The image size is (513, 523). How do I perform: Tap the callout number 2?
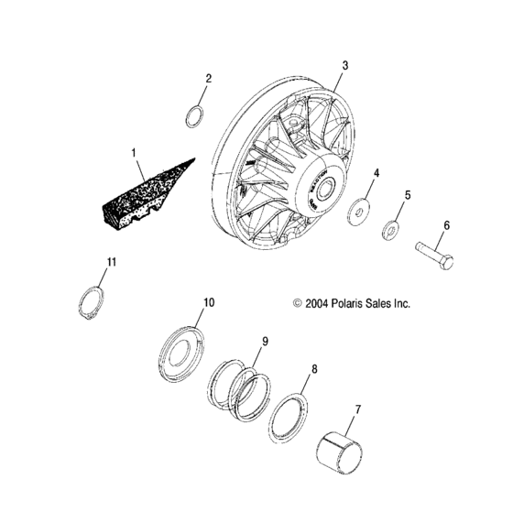click(x=208, y=79)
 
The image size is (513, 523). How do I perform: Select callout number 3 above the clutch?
click(x=344, y=65)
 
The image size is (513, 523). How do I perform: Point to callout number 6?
click(x=446, y=224)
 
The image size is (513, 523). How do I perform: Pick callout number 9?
click(x=265, y=342)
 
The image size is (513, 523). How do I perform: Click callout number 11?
click(x=111, y=263)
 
